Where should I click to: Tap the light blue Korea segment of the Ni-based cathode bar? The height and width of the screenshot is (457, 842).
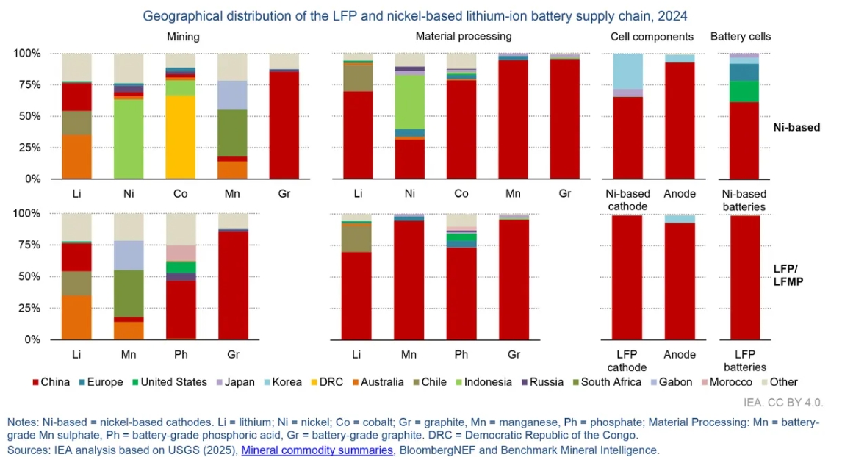pos(627,71)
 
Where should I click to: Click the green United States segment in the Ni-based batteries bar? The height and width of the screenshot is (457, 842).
pos(744,91)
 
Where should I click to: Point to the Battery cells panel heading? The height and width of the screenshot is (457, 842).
pos(740,36)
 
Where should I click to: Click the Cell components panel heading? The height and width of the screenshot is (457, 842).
pos(652,36)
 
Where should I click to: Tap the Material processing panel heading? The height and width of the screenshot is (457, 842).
pos(463,35)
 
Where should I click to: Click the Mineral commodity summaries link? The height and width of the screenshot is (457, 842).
pos(317,450)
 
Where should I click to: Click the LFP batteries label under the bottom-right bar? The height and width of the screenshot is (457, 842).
pos(745,361)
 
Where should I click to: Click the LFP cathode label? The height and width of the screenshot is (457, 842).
pos(626,361)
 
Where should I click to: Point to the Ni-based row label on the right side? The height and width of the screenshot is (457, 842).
pos(796,127)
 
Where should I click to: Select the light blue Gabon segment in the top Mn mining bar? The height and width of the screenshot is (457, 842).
pos(231,95)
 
